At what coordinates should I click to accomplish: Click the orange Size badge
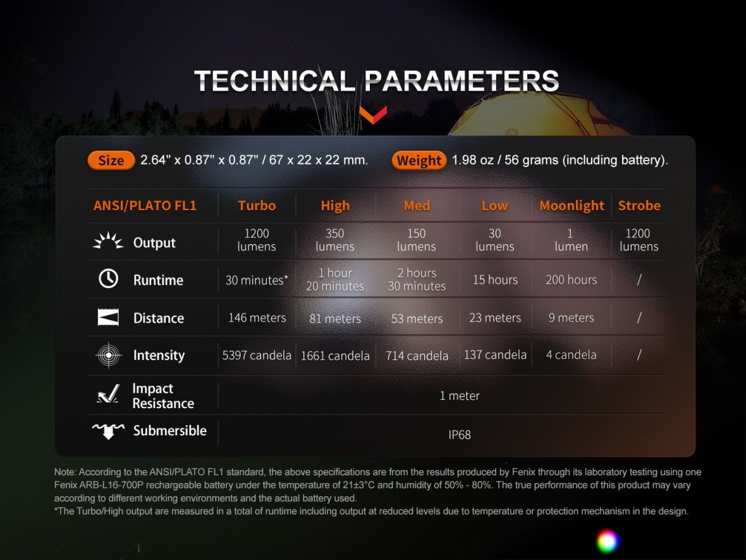click(x=111, y=161)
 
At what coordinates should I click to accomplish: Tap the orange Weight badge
click(x=419, y=161)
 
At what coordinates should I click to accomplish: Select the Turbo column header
click(x=257, y=205)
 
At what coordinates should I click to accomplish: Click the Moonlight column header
click(x=572, y=206)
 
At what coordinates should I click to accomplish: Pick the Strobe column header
click(x=639, y=205)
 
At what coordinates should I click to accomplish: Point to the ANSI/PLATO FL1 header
click(x=145, y=205)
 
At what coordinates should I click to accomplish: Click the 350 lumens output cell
click(x=335, y=240)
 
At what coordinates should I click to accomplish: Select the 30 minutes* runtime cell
click(x=257, y=280)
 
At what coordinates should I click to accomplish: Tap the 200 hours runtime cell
click(x=572, y=280)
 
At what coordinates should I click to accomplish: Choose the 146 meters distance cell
click(x=257, y=318)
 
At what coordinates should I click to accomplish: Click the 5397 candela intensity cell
click(x=257, y=355)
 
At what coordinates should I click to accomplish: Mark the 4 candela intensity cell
click(x=572, y=355)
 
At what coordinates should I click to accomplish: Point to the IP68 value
click(x=460, y=435)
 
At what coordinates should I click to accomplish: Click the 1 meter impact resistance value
click(x=460, y=395)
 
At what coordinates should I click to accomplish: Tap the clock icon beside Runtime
click(x=109, y=278)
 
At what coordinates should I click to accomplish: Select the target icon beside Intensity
click(x=109, y=355)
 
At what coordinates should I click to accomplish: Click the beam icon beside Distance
click(x=109, y=317)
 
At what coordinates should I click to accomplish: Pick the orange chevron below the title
click(x=373, y=115)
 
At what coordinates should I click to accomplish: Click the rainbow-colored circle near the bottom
click(x=608, y=541)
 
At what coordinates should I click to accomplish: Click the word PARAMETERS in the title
click(x=462, y=81)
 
